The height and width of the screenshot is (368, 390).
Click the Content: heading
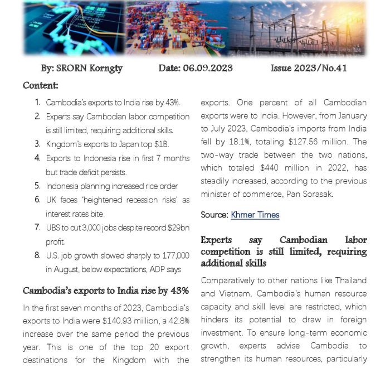click(x=41, y=85)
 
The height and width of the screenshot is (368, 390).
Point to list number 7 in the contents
click(x=37, y=227)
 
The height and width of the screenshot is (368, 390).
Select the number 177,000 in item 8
click(x=172, y=255)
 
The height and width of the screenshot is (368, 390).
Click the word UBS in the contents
click(x=54, y=227)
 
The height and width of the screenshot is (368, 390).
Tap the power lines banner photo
click(x=298, y=29)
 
